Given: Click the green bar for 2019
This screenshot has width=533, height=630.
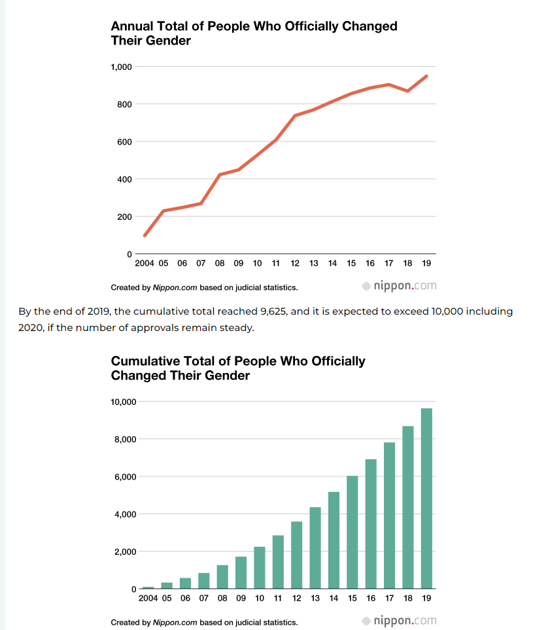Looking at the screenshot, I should [426, 499].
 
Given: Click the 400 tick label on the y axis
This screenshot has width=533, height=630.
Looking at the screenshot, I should [124, 179].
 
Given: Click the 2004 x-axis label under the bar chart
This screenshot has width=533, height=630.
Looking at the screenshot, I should [148, 599].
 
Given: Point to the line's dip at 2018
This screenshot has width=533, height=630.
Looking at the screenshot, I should [407, 91].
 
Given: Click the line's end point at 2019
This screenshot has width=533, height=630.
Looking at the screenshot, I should [426, 76].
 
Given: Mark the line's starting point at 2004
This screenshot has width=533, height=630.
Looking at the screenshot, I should [145, 236].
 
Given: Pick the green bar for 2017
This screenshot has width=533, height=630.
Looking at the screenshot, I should [389, 516].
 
